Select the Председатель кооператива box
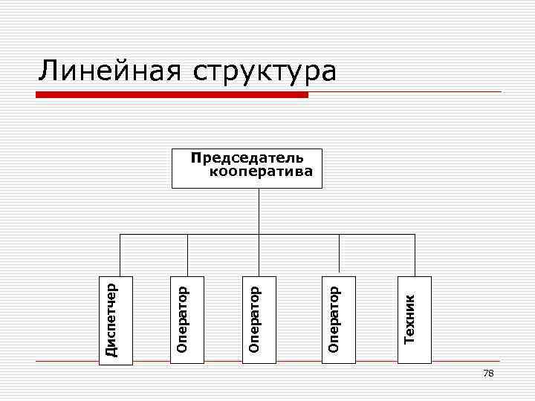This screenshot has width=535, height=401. (247, 168)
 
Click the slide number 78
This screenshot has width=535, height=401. (488, 374)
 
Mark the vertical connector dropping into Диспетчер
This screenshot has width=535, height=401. (119, 255)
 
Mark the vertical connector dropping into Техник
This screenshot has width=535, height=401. (415, 255)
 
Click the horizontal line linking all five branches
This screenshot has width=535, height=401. (223, 234)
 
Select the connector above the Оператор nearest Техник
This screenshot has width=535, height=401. (339, 255)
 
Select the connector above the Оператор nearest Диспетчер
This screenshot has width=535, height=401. (187, 255)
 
